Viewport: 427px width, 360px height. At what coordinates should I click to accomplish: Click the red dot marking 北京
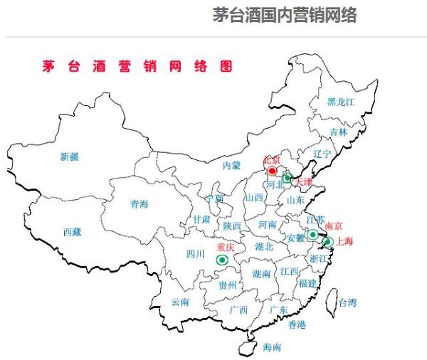272,171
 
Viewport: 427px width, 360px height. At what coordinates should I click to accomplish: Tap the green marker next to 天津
288,177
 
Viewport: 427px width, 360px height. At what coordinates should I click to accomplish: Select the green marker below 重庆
223,261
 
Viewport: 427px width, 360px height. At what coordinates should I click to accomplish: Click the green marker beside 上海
327,242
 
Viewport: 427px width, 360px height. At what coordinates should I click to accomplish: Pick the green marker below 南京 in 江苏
312,234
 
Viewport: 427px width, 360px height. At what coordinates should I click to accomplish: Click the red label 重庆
226,248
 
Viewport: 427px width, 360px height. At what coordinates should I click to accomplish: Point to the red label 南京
333,226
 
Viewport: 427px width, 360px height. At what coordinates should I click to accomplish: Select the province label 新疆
70,157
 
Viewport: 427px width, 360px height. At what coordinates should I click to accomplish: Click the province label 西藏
72,232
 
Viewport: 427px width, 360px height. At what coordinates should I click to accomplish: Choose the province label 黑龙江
341,102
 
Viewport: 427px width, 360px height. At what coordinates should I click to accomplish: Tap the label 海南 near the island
272,347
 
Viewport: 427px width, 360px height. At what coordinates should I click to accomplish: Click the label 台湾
347,302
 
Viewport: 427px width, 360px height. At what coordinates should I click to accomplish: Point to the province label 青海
139,204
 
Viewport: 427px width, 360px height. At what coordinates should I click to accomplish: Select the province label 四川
195,254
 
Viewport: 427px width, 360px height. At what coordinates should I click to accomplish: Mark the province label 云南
180,302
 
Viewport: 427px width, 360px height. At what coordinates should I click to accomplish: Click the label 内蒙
232,165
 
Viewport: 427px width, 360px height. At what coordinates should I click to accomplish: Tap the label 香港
297,325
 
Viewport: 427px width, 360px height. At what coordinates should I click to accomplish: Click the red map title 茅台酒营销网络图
137,66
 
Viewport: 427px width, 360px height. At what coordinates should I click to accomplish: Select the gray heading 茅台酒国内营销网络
285,15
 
